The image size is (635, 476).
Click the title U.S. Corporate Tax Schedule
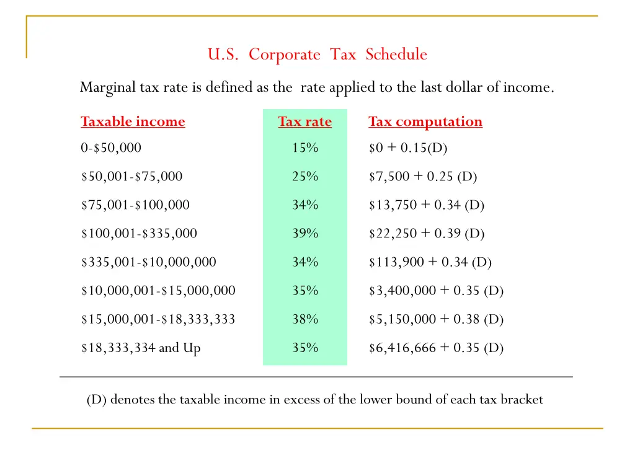[x=317, y=55]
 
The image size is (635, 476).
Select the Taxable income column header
[x=133, y=121]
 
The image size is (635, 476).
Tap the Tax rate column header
[x=304, y=121]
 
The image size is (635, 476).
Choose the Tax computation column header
[x=425, y=121]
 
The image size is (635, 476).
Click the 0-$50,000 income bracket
[x=111, y=148]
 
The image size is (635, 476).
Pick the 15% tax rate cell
[x=304, y=148]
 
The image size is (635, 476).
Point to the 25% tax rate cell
[x=304, y=177]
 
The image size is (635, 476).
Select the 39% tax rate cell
[x=304, y=234]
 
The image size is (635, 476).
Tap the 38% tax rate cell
[x=304, y=320]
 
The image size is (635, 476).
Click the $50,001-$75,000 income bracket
[x=131, y=177]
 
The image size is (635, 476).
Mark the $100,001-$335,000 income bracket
[x=139, y=234]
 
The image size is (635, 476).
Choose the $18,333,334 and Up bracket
[x=141, y=348]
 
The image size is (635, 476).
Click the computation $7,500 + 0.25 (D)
[x=423, y=177]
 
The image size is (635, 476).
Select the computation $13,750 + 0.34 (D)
[x=427, y=205]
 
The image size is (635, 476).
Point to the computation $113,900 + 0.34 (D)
[x=430, y=262]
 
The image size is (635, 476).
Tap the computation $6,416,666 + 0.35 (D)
[x=436, y=348]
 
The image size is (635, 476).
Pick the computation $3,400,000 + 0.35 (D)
[x=436, y=291]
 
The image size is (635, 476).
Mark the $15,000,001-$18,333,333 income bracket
[x=158, y=320]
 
